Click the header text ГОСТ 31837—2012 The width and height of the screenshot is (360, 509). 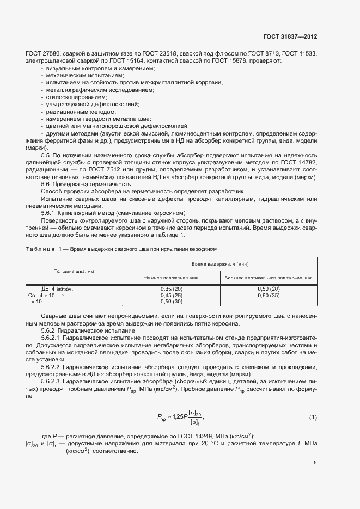291,37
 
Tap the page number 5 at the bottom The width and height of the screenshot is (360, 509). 315,463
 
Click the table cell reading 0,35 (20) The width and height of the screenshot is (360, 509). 172,289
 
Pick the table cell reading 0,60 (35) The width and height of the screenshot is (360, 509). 268,295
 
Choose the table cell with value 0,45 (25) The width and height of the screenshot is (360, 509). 172,295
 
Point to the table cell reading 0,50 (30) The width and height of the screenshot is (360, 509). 172,302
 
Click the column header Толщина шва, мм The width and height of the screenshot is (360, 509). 74,271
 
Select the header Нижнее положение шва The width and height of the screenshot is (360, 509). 172,277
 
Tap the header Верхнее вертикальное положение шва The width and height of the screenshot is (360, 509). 268,277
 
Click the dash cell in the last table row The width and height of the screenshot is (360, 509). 268,302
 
